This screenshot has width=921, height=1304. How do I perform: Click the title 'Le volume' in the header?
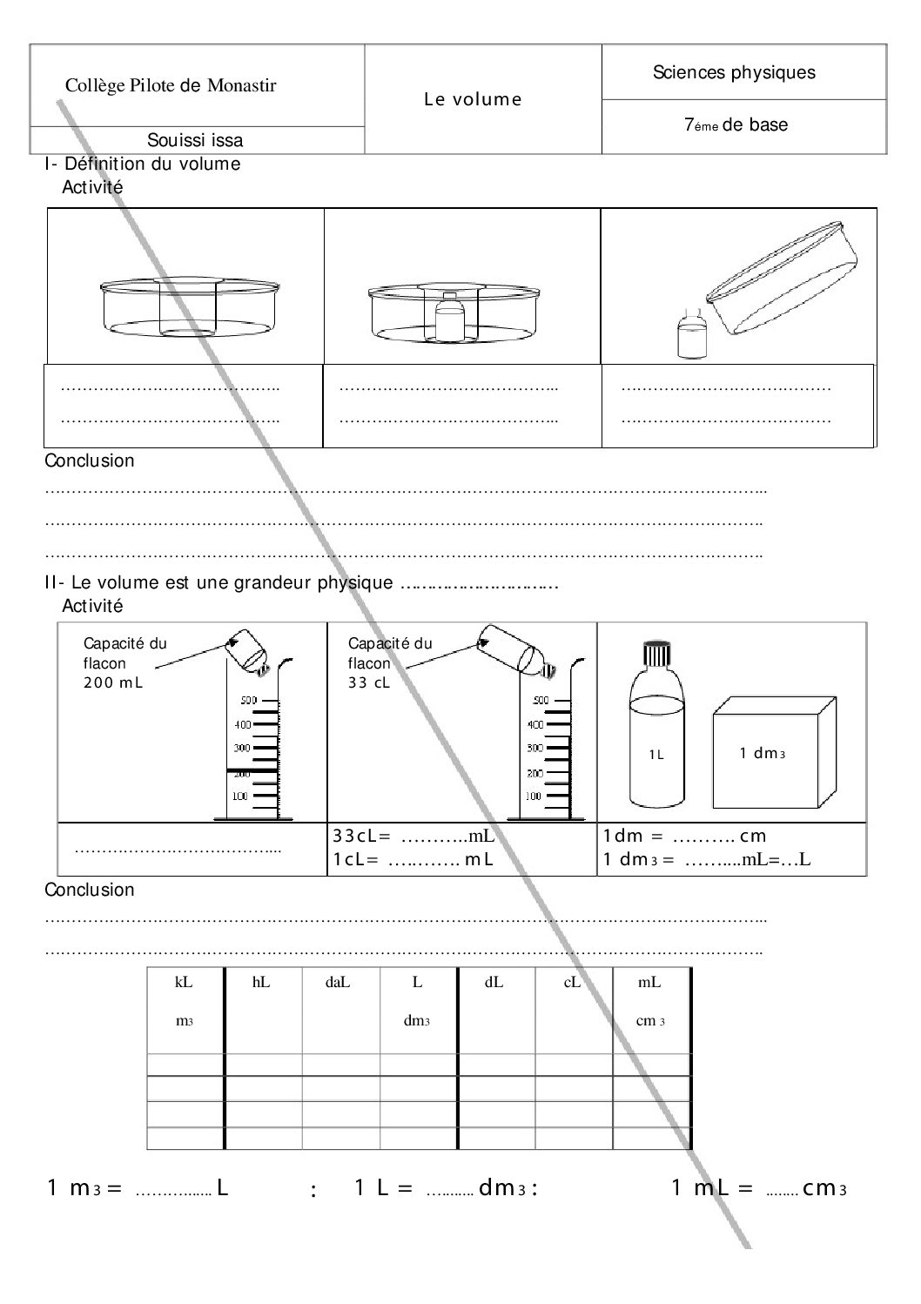coord(473,99)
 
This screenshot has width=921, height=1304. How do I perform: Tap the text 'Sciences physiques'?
coord(734,72)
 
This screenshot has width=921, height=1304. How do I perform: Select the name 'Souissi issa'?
coord(195,140)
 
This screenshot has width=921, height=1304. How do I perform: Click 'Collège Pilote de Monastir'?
coord(171,85)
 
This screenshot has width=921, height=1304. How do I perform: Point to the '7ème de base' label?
coord(736,125)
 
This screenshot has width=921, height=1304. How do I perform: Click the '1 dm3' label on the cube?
coord(763,754)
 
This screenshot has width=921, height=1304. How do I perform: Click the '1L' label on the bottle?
coord(656,755)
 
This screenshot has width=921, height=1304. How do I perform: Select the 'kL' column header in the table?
coord(184,983)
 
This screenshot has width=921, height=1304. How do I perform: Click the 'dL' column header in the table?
coord(494,983)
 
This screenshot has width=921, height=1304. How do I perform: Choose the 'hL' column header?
coord(261,983)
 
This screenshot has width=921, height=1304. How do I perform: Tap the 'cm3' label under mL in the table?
coord(650,1021)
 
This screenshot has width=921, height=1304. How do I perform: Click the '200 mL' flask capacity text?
coord(112,682)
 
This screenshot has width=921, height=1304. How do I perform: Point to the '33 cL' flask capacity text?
coord(369,682)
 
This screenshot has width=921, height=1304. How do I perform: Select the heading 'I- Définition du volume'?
coord(143,164)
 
